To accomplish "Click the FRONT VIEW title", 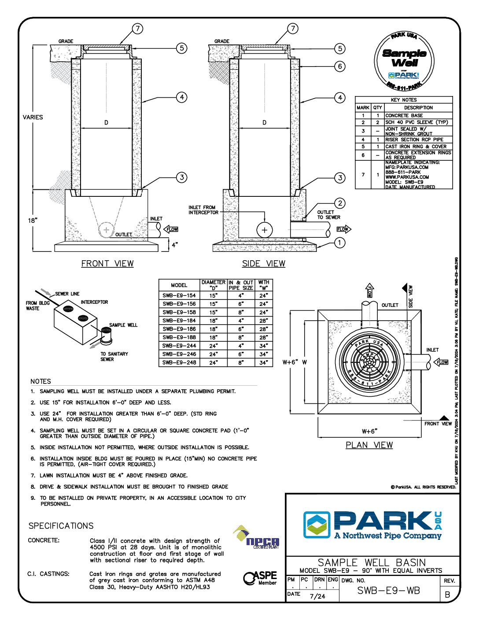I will (107, 264).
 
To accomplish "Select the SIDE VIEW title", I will (264, 264).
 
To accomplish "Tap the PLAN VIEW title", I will (369, 445).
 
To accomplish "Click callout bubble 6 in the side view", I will (339, 66).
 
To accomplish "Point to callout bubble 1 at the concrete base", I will (339, 243).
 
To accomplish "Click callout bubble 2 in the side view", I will (339, 203).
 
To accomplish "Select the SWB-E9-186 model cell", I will (179, 329).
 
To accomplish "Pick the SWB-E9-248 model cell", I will (179, 363).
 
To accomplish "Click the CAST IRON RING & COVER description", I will (416, 147).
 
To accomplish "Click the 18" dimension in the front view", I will (33, 220).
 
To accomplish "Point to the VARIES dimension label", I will (33, 117).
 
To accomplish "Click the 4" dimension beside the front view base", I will (175, 245).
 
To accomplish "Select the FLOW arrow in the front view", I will (171, 229).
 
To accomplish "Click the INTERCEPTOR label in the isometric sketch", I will (94, 303).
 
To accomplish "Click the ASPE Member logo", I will (261, 578).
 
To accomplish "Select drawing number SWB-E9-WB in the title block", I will (388, 591).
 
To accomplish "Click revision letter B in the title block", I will (448, 594).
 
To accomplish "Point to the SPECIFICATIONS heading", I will (61, 526).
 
